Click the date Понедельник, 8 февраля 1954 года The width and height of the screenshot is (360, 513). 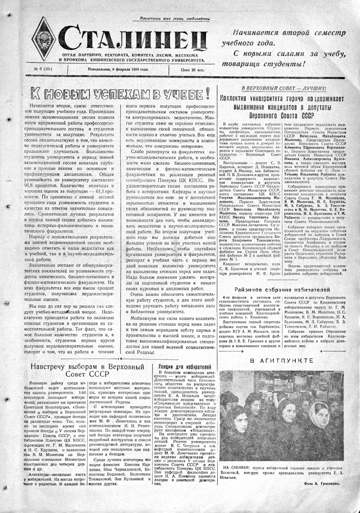click(118, 69)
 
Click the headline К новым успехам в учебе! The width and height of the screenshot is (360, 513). click(120, 94)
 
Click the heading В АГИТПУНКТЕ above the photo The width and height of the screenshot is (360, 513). click(281, 361)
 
